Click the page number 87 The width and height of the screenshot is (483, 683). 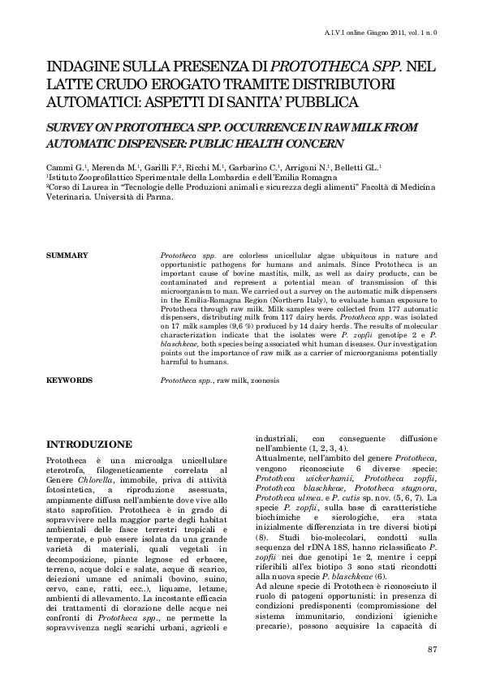click(x=432, y=650)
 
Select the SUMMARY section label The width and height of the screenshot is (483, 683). click(x=67, y=256)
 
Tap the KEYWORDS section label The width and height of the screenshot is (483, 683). click(x=70, y=380)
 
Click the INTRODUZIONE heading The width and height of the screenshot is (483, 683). click(x=89, y=445)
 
